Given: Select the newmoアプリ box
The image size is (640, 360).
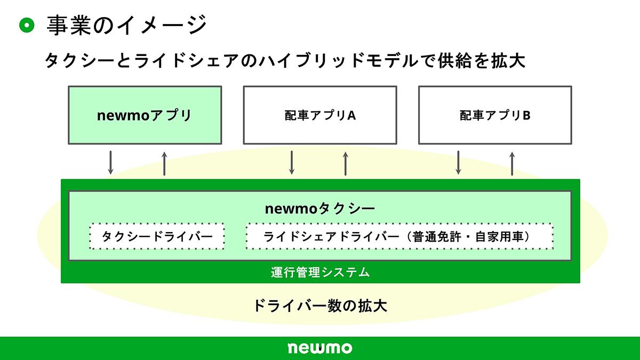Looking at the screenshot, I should click(x=145, y=115).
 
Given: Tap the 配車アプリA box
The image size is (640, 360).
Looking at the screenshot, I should click(x=320, y=115).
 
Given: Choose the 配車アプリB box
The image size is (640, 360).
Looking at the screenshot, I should click(x=495, y=115).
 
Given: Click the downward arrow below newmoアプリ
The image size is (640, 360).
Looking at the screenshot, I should click(x=111, y=163).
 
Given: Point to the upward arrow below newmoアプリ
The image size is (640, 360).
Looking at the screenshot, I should click(x=164, y=163).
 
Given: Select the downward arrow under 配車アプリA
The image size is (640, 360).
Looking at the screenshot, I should click(x=292, y=163).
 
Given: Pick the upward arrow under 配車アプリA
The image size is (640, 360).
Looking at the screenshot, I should click(x=346, y=163).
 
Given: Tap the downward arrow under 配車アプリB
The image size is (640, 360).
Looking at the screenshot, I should click(x=458, y=163).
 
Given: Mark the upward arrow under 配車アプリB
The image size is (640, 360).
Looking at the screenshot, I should click(x=512, y=163).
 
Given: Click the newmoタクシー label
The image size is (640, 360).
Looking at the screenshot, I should click(x=320, y=209).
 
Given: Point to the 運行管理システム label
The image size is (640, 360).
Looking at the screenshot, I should click(x=320, y=272).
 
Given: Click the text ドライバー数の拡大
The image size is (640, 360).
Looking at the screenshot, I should click(x=320, y=306).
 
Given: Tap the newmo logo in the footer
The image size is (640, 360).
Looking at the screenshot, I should click(x=320, y=348).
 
